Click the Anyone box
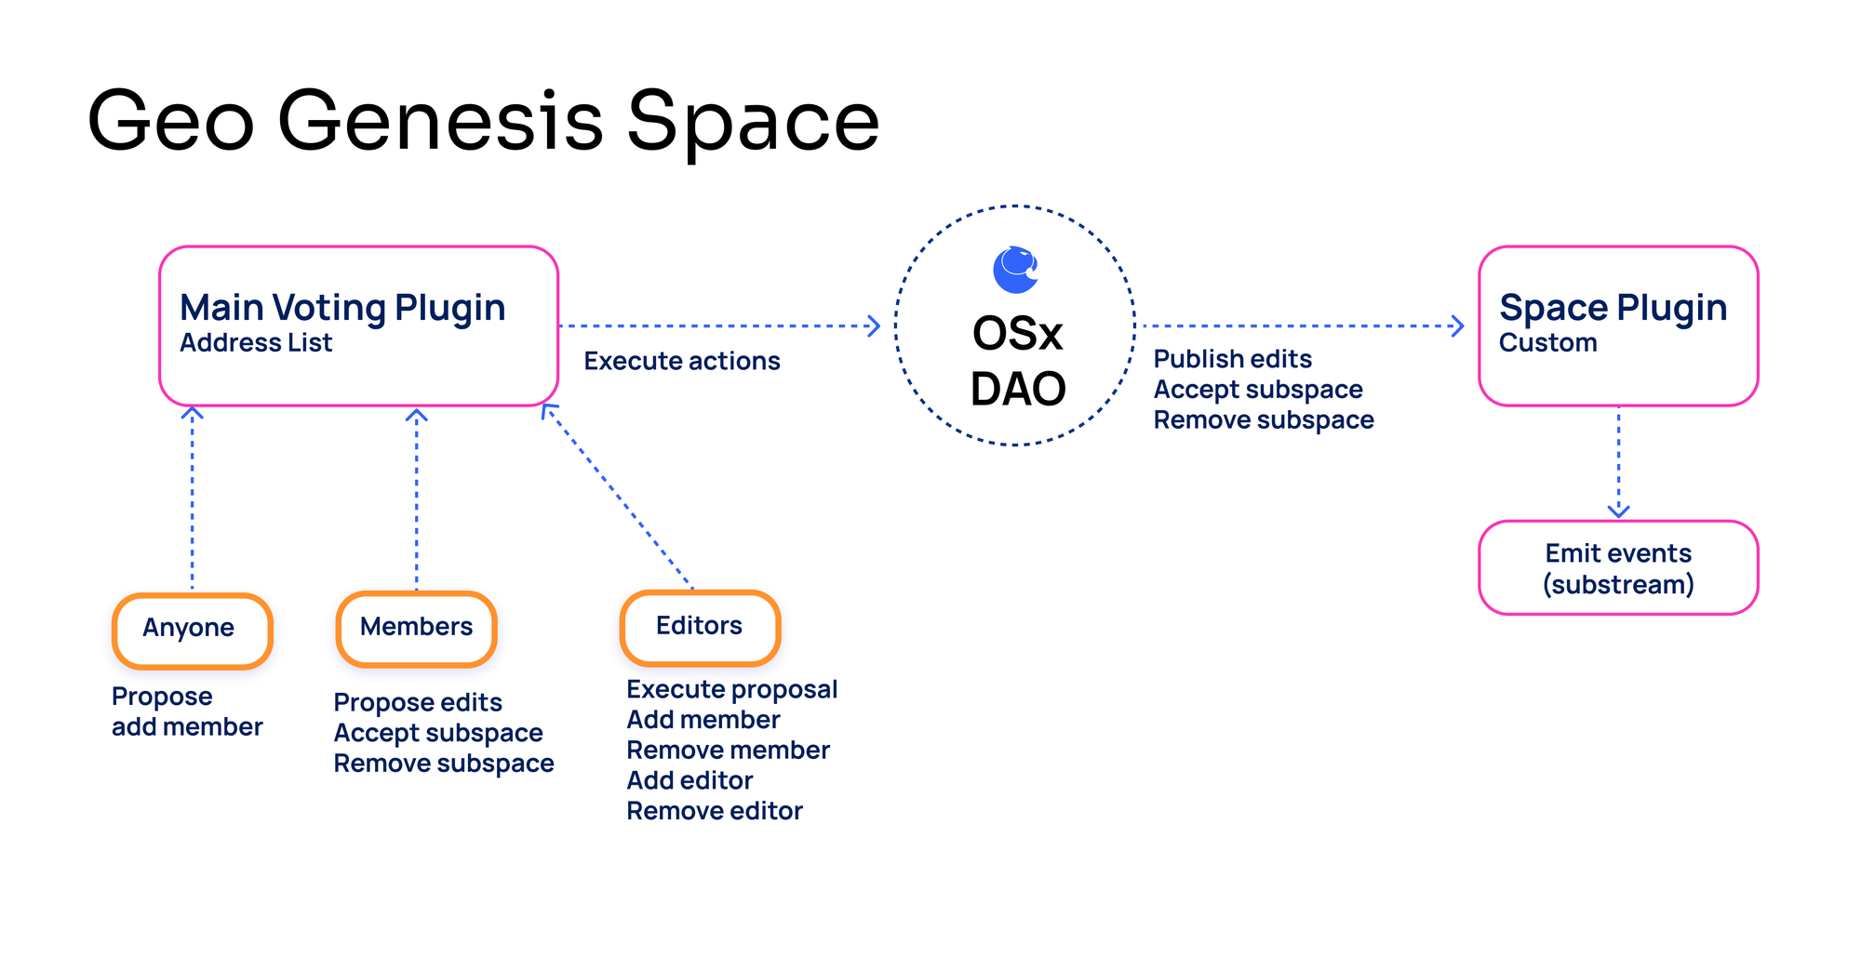[192, 630]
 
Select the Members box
[416, 629]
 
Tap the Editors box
[700, 627]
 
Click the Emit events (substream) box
[1618, 568]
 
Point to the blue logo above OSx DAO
[1015, 270]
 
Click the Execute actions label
[682, 361]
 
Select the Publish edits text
[1232, 359]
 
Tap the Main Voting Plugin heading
[342, 308]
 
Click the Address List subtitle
[256, 343]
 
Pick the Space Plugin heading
[1613, 308]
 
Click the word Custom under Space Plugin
[1547, 343]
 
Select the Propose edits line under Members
[418, 702]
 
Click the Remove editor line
[715, 811]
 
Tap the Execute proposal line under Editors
[732, 689]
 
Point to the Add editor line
[690, 780]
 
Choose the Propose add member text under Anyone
[187, 711]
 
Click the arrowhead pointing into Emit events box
[1618, 511]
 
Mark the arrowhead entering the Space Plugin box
[1457, 326]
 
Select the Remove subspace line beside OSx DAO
[1264, 420]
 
